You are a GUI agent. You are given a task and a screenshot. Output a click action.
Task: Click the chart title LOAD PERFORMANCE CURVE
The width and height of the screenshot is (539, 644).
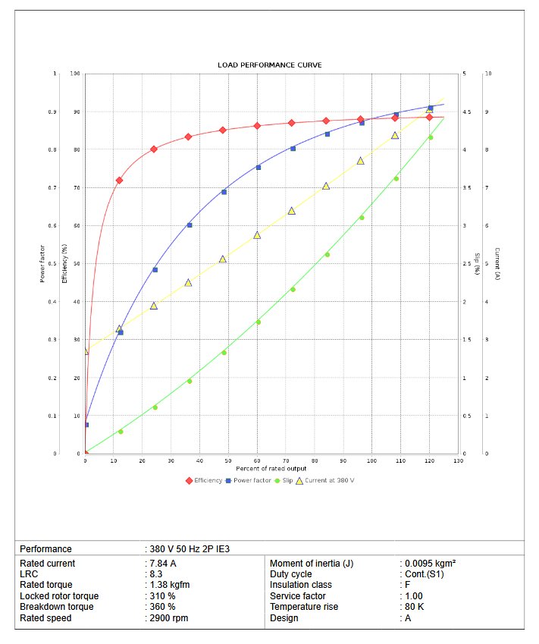click(269, 65)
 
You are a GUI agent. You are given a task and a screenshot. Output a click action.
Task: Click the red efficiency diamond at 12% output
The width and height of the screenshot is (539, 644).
click(119, 181)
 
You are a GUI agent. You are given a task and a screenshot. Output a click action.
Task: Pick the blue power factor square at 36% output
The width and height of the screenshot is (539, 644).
click(190, 225)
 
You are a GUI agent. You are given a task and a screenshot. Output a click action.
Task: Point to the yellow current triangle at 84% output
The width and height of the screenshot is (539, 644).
click(326, 186)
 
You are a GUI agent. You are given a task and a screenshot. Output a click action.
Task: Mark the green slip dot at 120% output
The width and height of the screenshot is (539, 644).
click(431, 137)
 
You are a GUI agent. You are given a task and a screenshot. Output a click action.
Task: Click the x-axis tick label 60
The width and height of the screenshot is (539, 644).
click(257, 460)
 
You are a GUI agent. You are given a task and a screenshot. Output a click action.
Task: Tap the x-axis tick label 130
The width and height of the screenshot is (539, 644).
click(458, 460)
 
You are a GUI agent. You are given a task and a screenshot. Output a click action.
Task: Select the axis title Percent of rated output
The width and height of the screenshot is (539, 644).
click(271, 469)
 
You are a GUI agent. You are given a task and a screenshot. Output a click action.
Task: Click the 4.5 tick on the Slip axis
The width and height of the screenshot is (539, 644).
click(467, 112)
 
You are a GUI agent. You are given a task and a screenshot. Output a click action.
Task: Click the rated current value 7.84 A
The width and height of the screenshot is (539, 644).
click(164, 564)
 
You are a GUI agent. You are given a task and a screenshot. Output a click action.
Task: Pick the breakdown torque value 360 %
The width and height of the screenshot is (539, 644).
click(163, 607)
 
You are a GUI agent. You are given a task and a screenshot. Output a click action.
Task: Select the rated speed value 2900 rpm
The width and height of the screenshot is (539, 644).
click(169, 618)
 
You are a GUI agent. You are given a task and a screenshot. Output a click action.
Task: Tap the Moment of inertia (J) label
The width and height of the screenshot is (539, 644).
click(312, 564)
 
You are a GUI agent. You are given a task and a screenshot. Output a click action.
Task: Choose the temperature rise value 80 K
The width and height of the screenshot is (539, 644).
click(415, 607)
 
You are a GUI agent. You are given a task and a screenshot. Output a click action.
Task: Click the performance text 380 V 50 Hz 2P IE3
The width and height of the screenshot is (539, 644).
click(190, 548)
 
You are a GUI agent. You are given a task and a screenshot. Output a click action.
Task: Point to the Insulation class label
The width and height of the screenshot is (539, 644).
click(300, 585)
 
